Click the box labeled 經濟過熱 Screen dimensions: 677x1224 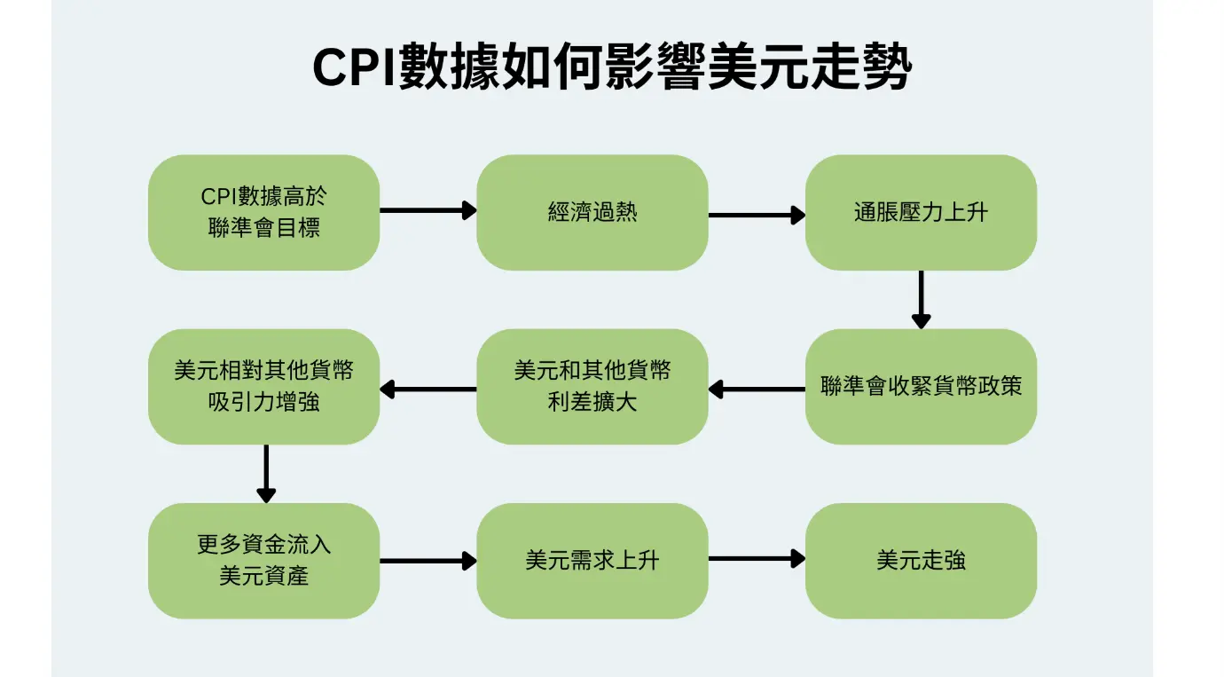click(592, 212)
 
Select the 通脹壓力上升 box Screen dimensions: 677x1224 click(920, 212)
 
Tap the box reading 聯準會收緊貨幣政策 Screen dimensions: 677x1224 click(920, 387)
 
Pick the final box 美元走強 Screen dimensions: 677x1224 click(920, 561)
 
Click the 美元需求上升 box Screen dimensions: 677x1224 click(592, 561)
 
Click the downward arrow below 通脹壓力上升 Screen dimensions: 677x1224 click(921, 300)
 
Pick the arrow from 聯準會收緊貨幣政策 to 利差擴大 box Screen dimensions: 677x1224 click(757, 389)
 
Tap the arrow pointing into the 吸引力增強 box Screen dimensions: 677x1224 click(428, 389)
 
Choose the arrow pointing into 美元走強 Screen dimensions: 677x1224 click(757, 558)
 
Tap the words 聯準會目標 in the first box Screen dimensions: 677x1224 click(263, 228)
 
